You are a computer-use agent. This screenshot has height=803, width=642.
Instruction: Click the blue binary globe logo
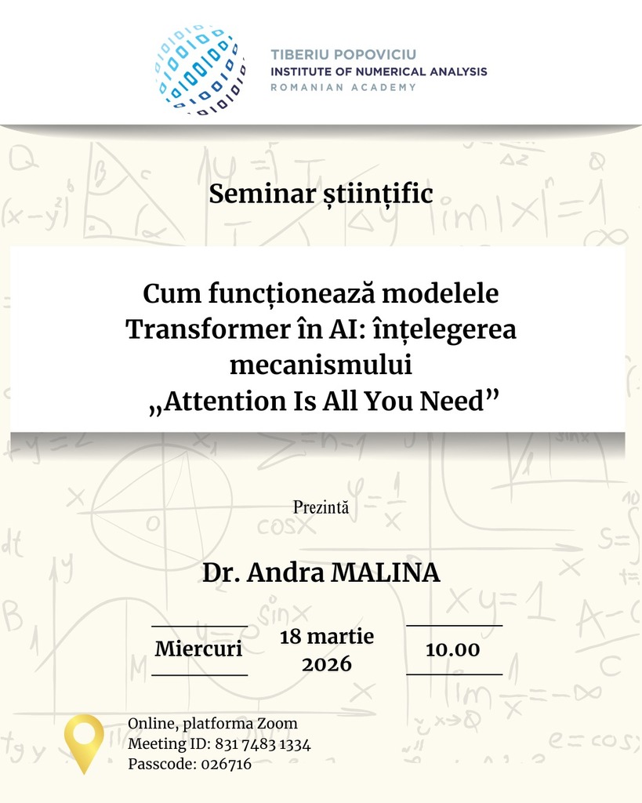click(200, 69)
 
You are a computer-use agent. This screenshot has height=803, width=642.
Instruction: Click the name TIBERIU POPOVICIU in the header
click(343, 54)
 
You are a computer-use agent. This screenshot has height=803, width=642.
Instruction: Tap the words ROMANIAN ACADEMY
click(343, 88)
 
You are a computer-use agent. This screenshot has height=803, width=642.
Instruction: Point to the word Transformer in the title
click(208, 329)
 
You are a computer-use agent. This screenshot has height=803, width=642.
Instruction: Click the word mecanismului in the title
click(321, 365)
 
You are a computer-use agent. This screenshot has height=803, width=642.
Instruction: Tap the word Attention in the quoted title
click(225, 401)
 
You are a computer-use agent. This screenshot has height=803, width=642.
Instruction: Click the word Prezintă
click(321, 507)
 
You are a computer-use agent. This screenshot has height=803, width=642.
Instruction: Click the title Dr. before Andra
click(221, 572)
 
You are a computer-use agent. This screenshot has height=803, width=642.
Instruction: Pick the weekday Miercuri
click(198, 649)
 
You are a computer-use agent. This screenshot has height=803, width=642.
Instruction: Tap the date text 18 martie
click(327, 637)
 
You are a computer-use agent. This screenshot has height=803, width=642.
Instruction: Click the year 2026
click(327, 664)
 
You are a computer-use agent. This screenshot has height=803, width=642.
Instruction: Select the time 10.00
click(453, 649)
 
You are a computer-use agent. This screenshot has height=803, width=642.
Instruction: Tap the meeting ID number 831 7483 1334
click(263, 743)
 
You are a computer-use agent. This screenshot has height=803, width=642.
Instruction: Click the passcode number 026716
click(227, 764)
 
